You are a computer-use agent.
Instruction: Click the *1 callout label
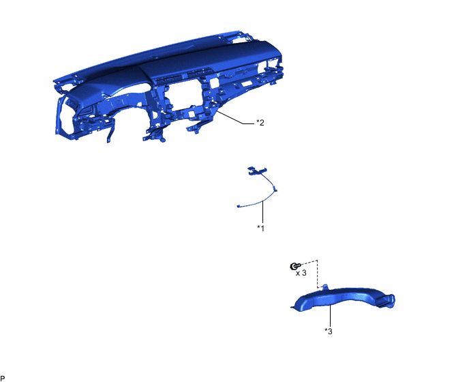pos(261,228)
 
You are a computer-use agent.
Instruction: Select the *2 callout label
pos(260,122)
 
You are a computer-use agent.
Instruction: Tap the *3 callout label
pos(329,331)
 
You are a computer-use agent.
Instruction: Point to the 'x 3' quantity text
pos(301,273)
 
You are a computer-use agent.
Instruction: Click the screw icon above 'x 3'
pos(295,265)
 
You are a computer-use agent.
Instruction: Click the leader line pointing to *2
pos(237,118)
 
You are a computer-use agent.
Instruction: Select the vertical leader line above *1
pos(262,212)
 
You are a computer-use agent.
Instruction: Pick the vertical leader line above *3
pos(330,316)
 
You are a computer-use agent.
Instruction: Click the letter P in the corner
pos(3,379)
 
